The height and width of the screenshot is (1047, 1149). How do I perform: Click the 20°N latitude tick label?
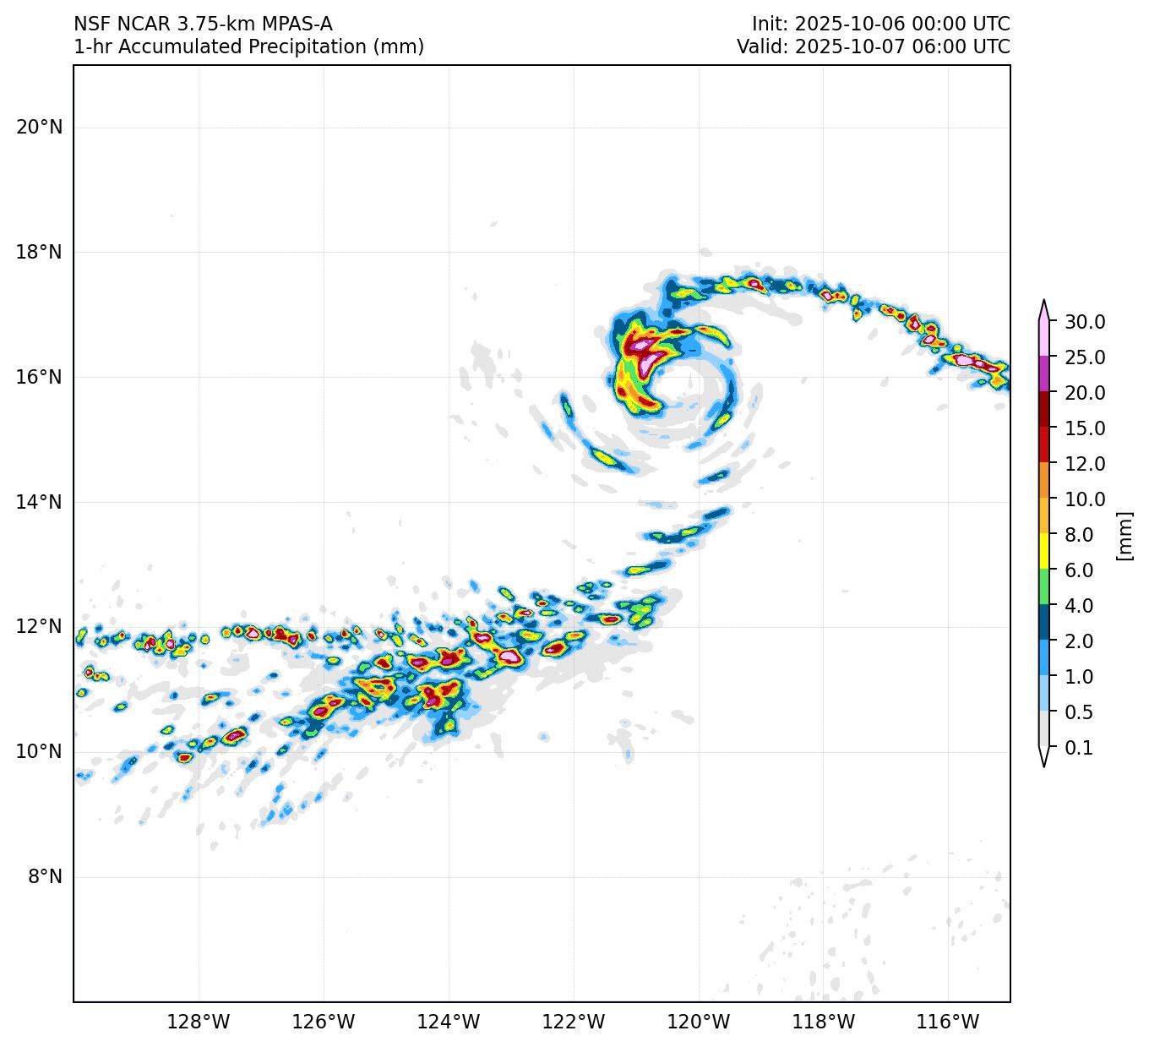tap(39, 128)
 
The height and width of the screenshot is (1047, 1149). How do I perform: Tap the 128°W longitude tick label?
tap(199, 1022)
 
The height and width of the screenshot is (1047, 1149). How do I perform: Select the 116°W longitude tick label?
tap(948, 1022)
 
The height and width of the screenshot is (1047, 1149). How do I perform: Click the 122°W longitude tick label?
tap(574, 1022)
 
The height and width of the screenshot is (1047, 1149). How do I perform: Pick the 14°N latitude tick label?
tap(39, 502)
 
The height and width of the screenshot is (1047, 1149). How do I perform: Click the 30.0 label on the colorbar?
tap(1085, 322)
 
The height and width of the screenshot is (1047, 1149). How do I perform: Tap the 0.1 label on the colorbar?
tap(1078, 748)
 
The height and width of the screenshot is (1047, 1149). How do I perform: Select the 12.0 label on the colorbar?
tap(1085, 464)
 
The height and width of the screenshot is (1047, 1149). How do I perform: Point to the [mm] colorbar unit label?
tap(1124, 536)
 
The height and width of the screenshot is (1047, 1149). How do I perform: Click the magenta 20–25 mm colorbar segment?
tap(1044, 374)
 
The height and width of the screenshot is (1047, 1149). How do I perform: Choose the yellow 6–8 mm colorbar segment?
tap(1044, 552)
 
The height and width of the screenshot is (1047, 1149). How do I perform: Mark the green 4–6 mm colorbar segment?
tap(1044, 587)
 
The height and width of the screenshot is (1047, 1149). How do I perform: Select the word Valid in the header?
tap(761, 46)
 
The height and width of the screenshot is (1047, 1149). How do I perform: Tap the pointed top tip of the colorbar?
tap(1044, 301)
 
